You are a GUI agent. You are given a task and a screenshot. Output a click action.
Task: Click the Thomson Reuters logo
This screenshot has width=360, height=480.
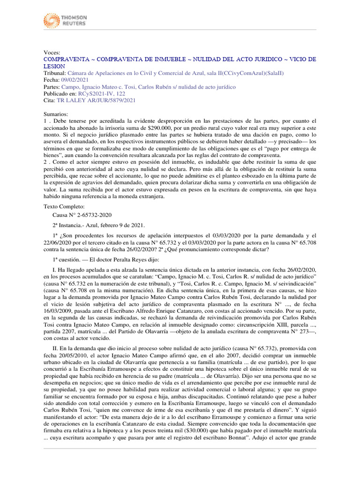[65, 20]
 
